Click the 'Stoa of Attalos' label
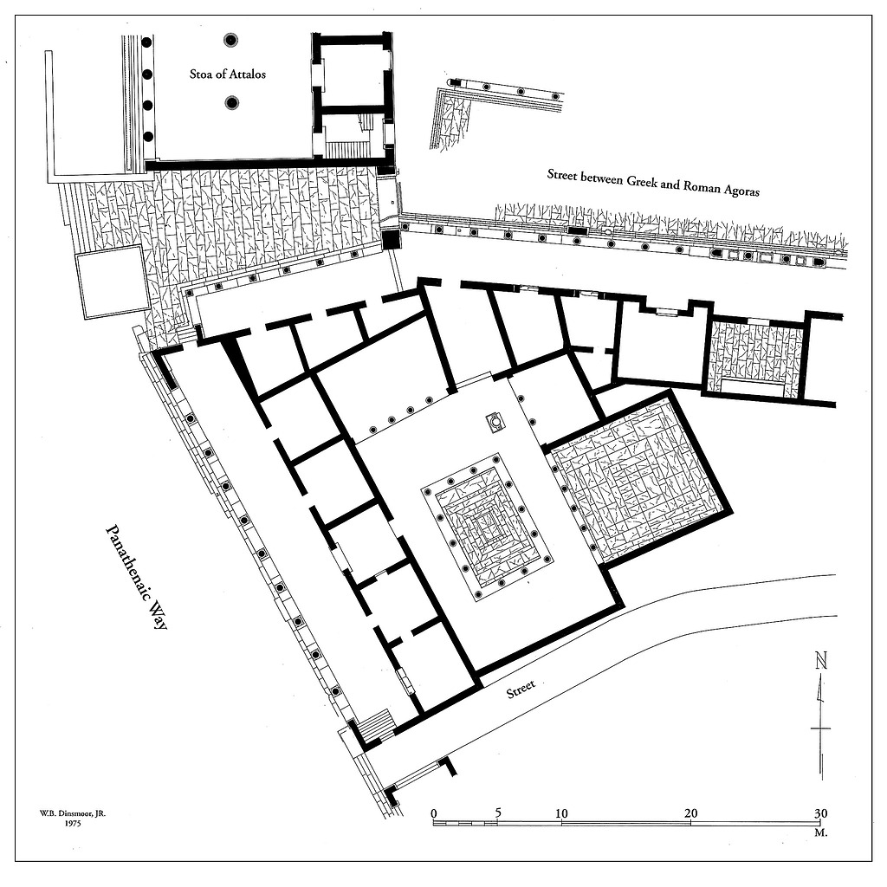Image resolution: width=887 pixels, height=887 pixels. point(228,74)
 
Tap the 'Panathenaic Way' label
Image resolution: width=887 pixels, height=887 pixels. point(136,576)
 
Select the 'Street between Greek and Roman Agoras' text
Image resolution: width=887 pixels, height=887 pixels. point(653,182)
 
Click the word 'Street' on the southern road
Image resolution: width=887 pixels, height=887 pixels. point(521,689)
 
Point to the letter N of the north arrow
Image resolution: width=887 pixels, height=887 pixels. point(821,661)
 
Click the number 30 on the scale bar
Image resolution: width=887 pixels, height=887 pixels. point(820,813)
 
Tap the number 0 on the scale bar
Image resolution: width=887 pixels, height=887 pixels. point(434,813)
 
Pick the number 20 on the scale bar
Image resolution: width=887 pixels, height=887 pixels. point(690,813)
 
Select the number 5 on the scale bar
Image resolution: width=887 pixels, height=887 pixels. point(498,813)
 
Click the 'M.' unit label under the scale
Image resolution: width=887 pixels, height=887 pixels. point(820,832)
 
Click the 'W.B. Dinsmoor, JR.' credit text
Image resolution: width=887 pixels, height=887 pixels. point(73,813)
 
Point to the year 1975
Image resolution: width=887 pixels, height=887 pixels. point(73,824)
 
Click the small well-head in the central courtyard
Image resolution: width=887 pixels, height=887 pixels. point(496,422)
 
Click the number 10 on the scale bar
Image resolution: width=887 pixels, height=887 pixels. point(561,813)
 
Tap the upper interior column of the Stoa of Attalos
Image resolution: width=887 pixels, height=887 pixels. point(230,40)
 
